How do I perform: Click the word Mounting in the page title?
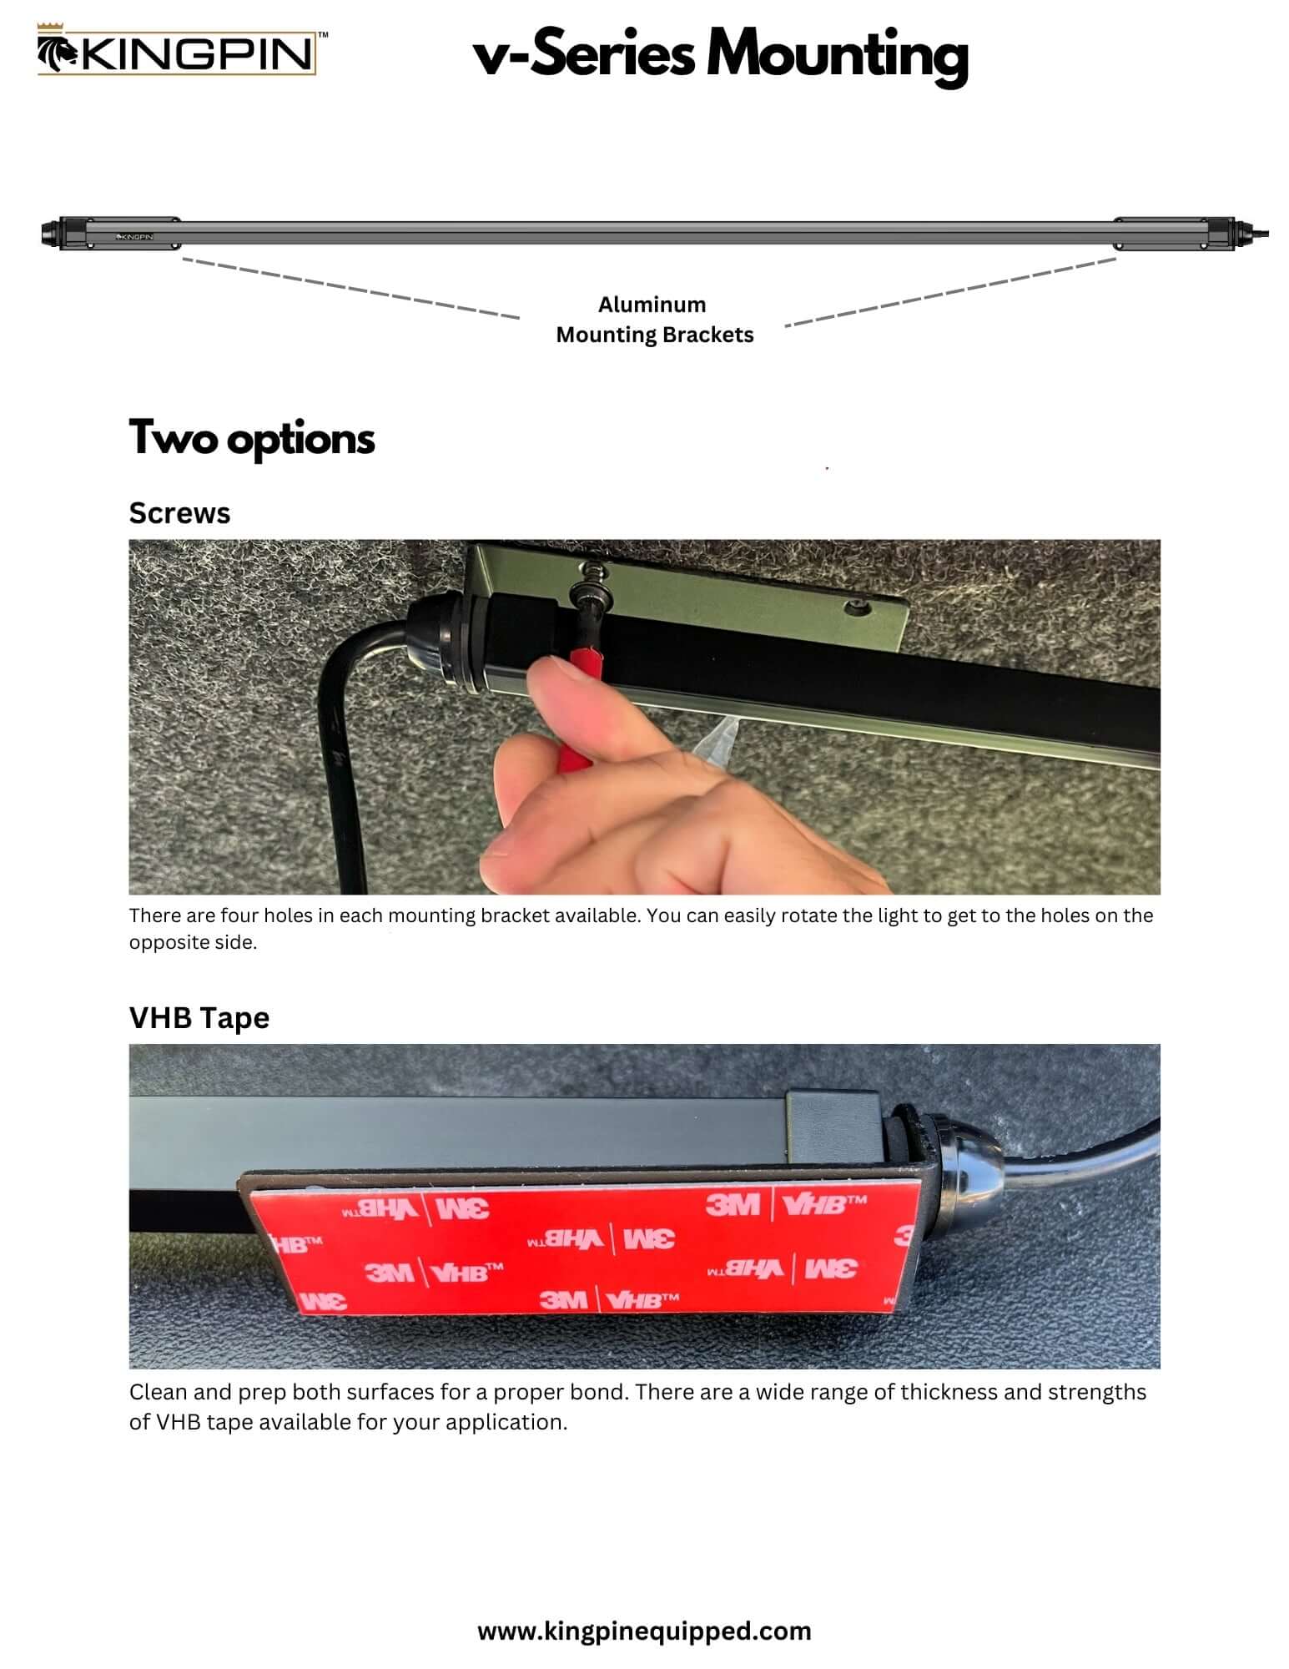(x=837, y=55)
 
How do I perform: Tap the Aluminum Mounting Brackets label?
(x=654, y=320)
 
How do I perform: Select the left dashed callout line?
(x=350, y=288)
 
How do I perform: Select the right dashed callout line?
(x=951, y=291)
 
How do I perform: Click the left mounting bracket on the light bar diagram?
(x=133, y=234)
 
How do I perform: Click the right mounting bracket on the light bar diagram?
(x=1160, y=234)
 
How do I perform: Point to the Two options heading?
(x=251, y=438)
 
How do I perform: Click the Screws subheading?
(x=179, y=513)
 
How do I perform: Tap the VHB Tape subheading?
(x=199, y=1018)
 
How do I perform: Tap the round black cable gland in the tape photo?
(x=943, y=1152)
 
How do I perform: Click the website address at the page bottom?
(x=644, y=1631)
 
